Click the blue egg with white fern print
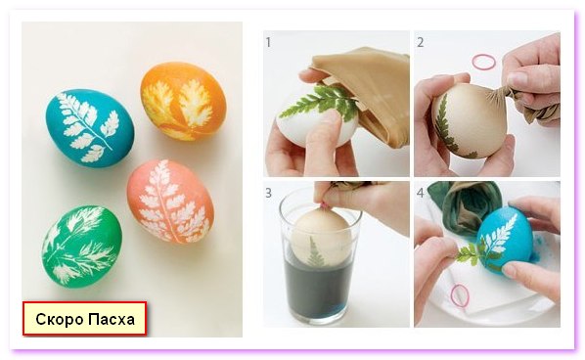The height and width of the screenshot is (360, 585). tap(90, 128)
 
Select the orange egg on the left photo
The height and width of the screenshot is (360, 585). tap(183, 101)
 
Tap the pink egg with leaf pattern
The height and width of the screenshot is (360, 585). tap(170, 202)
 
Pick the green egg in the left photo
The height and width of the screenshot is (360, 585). tap(82, 247)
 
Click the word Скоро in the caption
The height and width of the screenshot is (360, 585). tap(60, 319)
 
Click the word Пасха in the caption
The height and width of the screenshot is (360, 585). tap(112, 319)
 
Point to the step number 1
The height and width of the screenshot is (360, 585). tap(268, 42)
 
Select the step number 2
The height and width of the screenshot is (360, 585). tap(421, 42)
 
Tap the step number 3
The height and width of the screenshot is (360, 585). tap(269, 193)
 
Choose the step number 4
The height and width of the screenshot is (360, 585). tap(421, 193)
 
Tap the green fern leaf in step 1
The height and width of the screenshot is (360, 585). tap(321, 100)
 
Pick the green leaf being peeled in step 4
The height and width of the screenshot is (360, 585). tap(471, 253)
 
